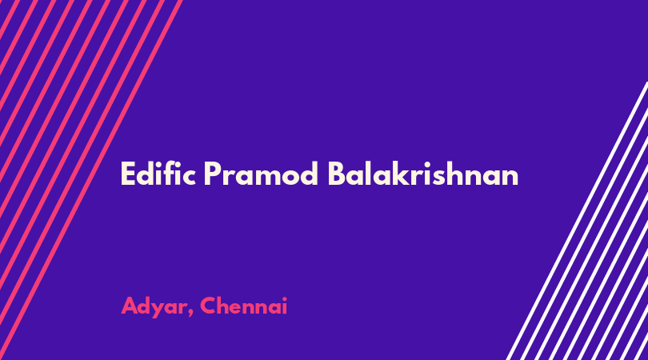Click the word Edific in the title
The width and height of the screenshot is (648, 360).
pyautogui.click(x=158, y=174)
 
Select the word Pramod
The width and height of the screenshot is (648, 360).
pyautogui.click(x=261, y=174)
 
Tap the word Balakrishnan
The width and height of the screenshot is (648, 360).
pyautogui.click(x=423, y=174)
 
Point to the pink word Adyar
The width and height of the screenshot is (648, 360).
pyautogui.click(x=153, y=306)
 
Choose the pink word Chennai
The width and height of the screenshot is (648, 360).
pyautogui.click(x=243, y=306)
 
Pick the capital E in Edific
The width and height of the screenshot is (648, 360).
pyautogui.click(x=128, y=174)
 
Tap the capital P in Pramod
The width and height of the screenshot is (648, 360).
pyautogui.click(x=213, y=174)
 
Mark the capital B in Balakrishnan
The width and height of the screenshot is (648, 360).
pyautogui.click(x=337, y=174)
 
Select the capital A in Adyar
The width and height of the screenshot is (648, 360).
pyautogui.click(x=130, y=306)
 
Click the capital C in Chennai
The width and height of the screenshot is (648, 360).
pyautogui.click(x=209, y=306)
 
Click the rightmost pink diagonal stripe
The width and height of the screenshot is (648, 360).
pyautogui.click(x=90, y=180)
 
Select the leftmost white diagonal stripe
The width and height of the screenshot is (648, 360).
pyautogui.click(x=577, y=221)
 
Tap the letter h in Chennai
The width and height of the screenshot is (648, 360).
pyautogui.click(x=226, y=306)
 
